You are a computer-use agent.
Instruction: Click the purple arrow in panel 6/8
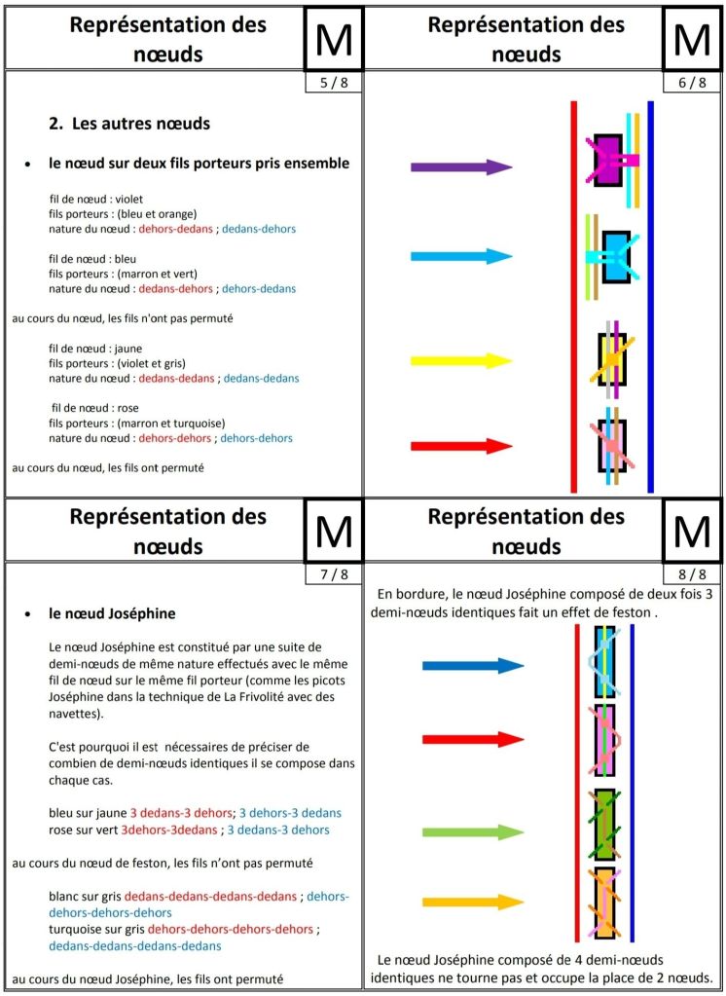click(x=460, y=167)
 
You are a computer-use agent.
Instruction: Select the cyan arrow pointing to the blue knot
click(x=460, y=257)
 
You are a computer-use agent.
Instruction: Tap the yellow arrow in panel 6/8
click(x=460, y=361)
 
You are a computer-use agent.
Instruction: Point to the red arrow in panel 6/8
click(x=460, y=447)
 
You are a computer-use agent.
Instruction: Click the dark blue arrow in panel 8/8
click(x=472, y=666)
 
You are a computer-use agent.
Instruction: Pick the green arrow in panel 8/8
click(x=472, y=832)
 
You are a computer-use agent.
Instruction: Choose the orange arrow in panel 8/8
click(x=472, y=902)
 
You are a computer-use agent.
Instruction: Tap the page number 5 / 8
click(x=333, y=83)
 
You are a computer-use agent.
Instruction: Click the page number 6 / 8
click(x=692, y=83)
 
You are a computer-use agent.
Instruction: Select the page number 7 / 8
click(x=333, y=574)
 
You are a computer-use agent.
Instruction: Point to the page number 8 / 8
click(x=692, y=574)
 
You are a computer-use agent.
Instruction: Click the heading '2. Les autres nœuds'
click(x=129, y=124)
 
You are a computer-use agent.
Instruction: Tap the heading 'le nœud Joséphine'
click(x=112, y=614)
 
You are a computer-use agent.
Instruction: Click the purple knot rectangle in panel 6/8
click(x=608, y=161)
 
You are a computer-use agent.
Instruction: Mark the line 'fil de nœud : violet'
click(x=96, y=199)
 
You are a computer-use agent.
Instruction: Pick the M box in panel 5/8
click(x=334, y=39)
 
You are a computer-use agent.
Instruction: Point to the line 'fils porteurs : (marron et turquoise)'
click(x=137, y=423)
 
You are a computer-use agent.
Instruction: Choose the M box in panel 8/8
click(x=692, y=531)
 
